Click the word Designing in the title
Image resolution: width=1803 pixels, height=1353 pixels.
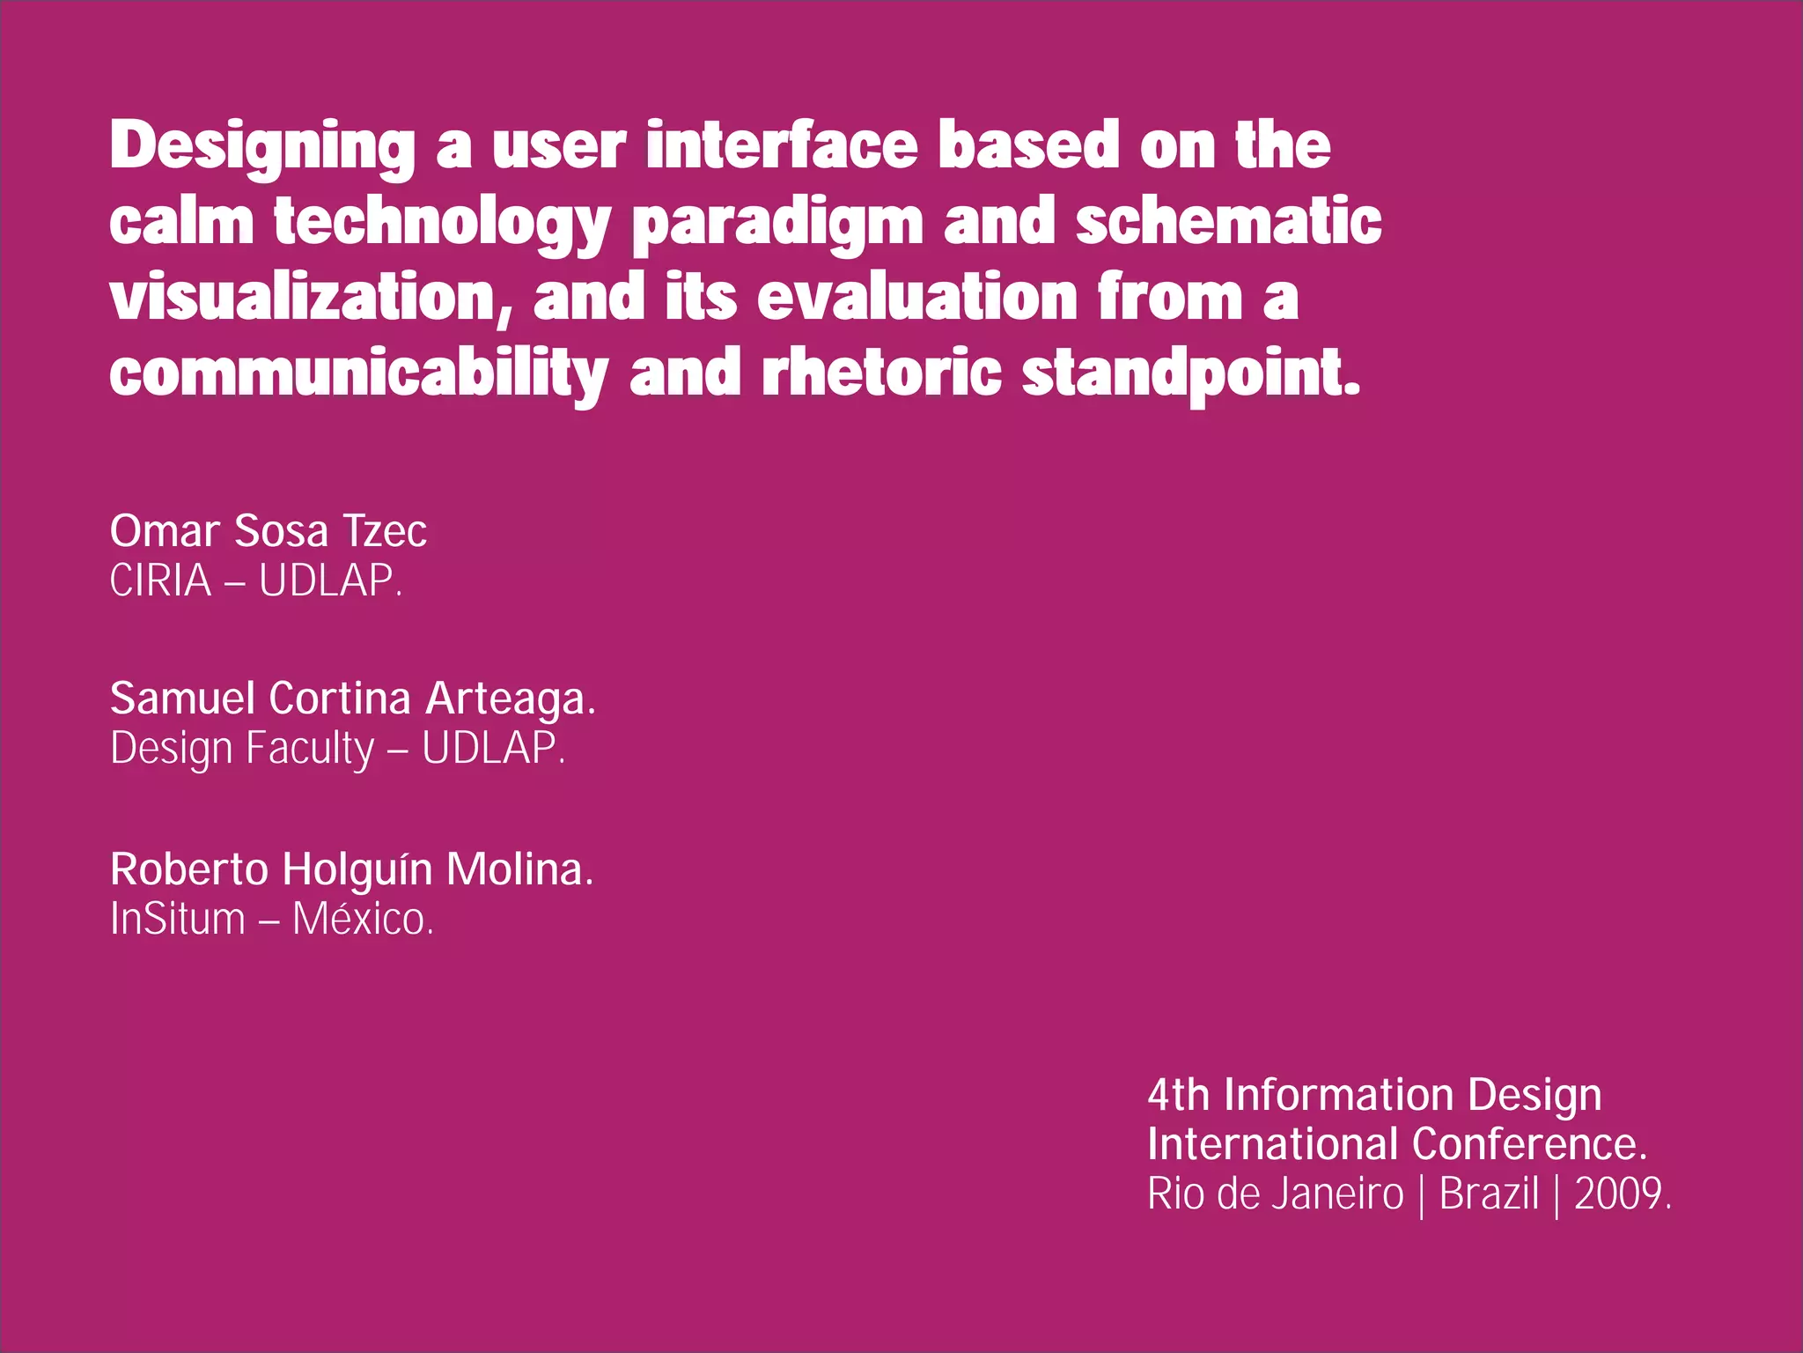262,146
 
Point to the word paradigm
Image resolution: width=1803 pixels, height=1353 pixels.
777,222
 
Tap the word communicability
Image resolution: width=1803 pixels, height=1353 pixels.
358,373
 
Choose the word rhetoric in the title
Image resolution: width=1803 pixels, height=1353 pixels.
881,372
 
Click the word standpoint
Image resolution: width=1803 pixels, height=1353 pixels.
1190,373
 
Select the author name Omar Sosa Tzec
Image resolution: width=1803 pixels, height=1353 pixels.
269,531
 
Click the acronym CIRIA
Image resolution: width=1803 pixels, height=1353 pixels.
160,581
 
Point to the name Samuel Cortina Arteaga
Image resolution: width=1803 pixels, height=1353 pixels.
352,699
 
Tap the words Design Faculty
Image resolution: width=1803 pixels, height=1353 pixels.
242,749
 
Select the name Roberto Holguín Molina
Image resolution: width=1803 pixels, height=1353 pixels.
351,869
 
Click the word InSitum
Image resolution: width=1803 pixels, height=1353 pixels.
178,920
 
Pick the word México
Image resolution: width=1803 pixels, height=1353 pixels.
362,920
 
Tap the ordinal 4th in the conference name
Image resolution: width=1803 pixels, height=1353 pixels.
1178,1096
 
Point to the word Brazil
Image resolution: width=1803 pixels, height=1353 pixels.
1489,1194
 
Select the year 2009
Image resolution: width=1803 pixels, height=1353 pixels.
1621,1194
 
